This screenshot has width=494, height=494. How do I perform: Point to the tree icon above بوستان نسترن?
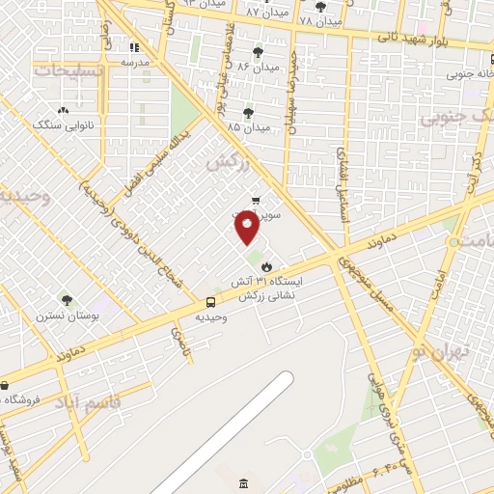(x=67, y=300)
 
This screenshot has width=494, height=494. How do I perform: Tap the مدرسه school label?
(x=134, y=61)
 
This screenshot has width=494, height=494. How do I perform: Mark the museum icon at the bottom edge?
(x=241, y=482)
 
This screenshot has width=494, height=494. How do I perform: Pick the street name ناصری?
(x=181, y=339)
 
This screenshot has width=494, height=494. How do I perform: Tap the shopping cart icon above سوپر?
(x=255, y=200)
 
